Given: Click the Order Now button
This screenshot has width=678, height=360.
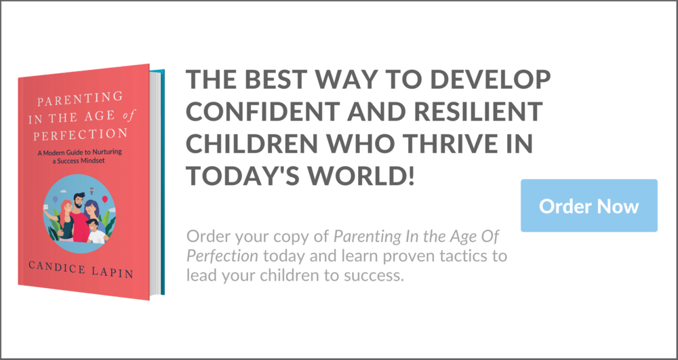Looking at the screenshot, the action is (589, 205).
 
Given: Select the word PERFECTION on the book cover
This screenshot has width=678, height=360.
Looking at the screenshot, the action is (81, 133).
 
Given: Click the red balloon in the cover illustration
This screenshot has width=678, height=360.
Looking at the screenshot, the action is (104, 199).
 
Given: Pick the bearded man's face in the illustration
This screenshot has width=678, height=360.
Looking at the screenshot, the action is (79, 201).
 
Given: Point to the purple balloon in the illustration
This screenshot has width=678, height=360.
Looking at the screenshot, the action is (55, 199).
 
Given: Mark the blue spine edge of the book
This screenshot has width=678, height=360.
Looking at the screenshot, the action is (163, 182).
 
